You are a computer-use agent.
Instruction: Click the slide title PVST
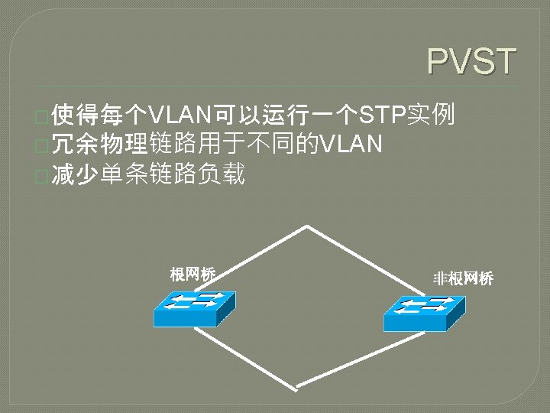tap(471, 62)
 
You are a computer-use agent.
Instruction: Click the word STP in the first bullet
tap(383, 115)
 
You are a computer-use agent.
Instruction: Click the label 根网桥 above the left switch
tap(192, 274)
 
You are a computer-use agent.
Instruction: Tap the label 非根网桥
tap(463, 278)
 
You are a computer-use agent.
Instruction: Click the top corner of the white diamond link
tap(307, 226)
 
